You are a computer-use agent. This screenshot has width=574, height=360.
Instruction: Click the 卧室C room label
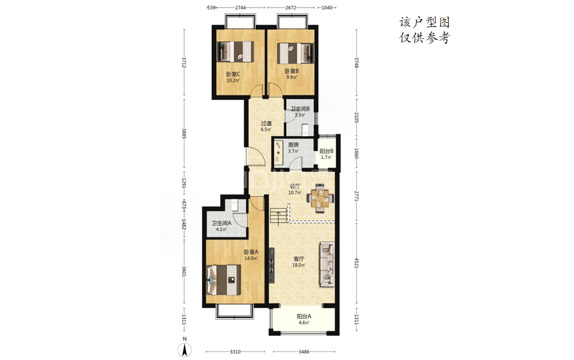point(233,74)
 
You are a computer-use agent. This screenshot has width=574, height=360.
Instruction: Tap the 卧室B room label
point(292,71)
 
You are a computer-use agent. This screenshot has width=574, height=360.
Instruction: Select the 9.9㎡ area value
point(292,77)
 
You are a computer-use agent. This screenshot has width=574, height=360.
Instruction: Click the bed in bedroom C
point(235,51)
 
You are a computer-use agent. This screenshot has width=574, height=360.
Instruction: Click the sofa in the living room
point(327,264)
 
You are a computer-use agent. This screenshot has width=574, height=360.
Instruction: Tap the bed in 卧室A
point(224,280)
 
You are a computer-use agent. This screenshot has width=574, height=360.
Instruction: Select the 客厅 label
point(299,259)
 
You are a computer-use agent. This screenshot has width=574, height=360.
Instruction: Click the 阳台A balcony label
point(304,316)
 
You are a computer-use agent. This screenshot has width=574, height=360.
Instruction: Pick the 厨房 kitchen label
point(293,145)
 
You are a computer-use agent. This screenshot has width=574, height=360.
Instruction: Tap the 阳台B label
point(326,151)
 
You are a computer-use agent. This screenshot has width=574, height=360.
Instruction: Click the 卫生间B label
point(300,109)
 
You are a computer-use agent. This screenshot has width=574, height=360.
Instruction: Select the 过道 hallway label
point(266,123)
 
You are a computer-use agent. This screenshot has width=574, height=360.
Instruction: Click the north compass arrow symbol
point(185,350)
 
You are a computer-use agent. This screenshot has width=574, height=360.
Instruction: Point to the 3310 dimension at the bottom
point(235,352)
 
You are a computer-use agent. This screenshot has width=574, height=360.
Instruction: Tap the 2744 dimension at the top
point(241,8)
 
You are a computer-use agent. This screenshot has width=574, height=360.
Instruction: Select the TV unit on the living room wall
point(272,265)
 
